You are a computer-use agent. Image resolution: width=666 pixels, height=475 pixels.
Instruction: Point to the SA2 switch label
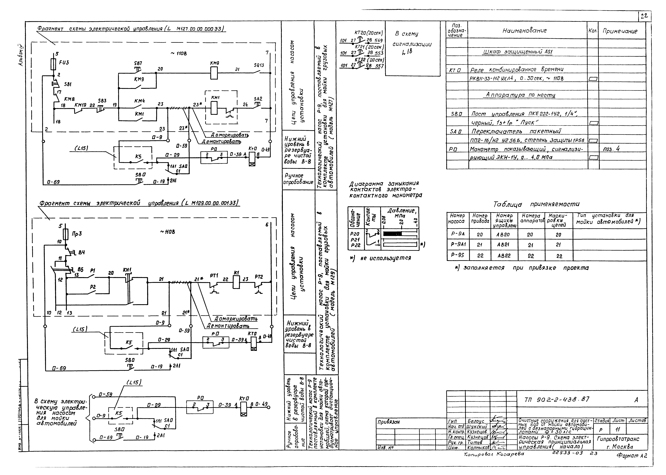coord(258,99)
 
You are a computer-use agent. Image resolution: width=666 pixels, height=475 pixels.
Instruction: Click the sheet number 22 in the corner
coord(644,17)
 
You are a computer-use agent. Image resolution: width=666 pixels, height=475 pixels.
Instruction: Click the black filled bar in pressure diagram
coord(392,233)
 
